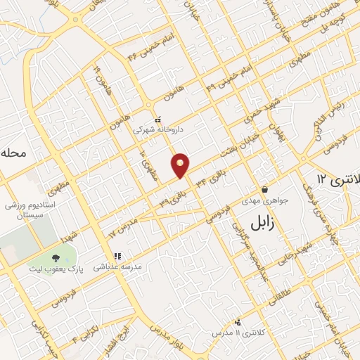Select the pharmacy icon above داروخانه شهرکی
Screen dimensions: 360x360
tap(157, 120)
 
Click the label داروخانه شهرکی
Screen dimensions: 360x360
tap(157, 130)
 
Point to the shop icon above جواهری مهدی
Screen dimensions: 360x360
tap(264, 189)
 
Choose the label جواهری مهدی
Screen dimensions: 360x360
tap(262, 200)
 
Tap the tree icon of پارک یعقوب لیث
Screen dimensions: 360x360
tap(56, 258)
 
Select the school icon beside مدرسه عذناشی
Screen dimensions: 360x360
tap(117, 257)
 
